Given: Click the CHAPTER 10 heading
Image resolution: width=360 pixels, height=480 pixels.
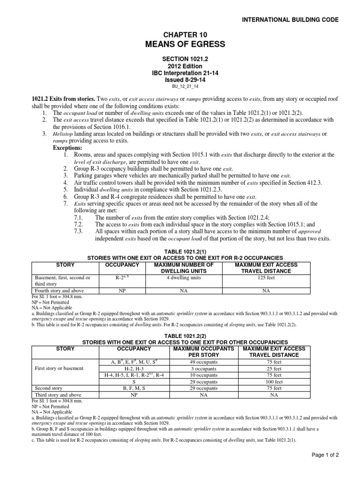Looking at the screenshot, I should tap(180, 35).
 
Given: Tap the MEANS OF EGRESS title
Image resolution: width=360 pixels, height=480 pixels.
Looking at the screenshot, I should tap(180, 45).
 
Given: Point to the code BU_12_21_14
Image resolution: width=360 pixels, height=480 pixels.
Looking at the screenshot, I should tap(180, 86).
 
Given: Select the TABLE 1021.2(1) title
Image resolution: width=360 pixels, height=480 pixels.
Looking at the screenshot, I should tap(180, 252).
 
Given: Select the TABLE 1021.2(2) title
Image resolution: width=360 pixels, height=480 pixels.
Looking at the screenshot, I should tap(180, 336).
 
